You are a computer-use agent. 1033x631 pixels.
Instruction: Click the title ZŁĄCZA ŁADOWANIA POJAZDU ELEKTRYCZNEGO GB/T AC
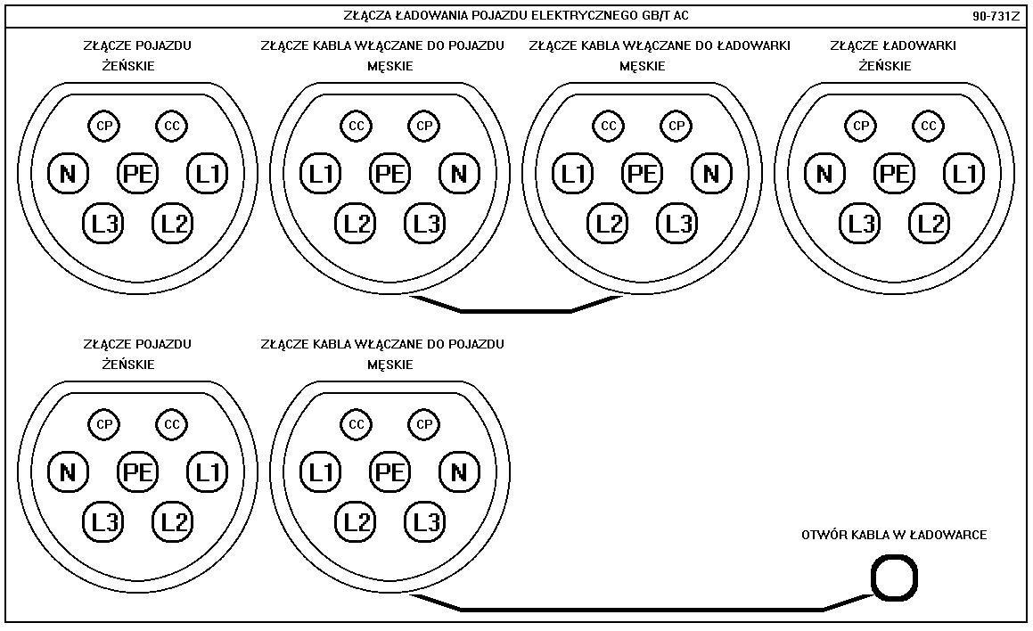tap(516, 16)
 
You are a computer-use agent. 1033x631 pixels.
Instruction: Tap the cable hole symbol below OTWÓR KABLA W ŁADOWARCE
tap(893, 578)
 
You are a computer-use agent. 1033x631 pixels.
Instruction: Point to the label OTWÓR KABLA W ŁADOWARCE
tap(894, 535)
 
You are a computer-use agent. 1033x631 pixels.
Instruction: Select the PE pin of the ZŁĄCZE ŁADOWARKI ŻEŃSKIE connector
tap(895, 173)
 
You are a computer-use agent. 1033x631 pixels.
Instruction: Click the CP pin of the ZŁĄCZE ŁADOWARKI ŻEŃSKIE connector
tap(861, 127)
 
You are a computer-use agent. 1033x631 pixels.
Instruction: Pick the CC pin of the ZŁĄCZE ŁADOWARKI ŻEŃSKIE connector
tap(929, 127)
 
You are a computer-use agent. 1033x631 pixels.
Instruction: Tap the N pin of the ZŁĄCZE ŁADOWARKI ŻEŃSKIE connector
tap(825, 173)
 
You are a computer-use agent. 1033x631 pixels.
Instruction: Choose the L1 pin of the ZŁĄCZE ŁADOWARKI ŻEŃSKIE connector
tap(964, 173)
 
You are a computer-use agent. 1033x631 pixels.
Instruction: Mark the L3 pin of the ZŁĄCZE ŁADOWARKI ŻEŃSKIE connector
tap(861, 223)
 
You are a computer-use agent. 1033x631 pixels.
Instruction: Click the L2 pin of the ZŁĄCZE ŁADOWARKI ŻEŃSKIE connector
tap(930, 223)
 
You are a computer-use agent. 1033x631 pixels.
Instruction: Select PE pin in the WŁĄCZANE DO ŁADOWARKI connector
tap(643, 173)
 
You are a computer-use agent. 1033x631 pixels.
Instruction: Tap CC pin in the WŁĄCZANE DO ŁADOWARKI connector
tap(609, 127)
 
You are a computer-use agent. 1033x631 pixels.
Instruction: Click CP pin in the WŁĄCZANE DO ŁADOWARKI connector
tap(676, 127)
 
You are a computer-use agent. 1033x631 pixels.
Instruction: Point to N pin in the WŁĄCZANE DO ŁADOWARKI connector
tap(711, 173)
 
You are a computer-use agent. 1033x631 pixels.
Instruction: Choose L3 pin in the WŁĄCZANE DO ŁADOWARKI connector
tap(677, 223)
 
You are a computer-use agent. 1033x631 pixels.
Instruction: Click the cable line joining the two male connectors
tap(516, 311)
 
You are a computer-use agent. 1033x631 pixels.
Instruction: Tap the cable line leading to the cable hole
tap(642, 610)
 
